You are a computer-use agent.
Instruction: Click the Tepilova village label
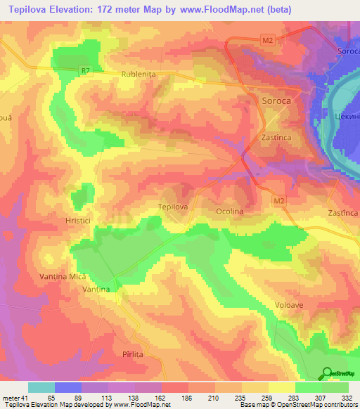172,207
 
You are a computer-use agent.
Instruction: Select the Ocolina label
230,211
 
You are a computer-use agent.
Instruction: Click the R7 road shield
86,70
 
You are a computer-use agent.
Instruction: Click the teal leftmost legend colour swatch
41,387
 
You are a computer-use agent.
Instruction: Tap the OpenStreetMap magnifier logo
328,375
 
